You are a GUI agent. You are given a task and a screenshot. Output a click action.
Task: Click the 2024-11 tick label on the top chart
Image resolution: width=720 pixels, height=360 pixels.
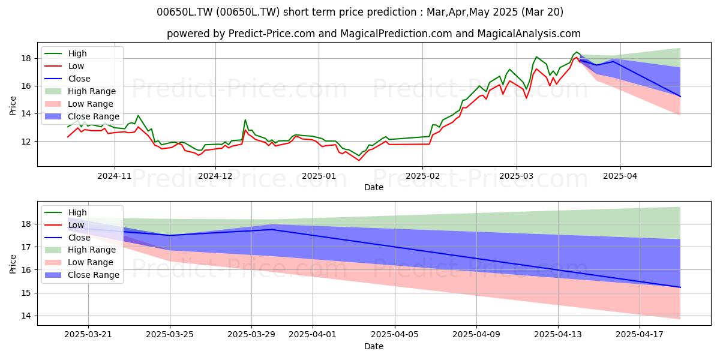(115, 176)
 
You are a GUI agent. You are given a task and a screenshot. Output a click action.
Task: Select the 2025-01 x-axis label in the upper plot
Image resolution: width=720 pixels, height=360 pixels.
(319, 176)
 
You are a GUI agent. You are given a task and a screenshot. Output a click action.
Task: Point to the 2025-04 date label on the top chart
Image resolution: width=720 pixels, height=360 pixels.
(620, 176)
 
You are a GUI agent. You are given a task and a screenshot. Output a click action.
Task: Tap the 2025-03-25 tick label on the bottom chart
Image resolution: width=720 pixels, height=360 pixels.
(170, 335)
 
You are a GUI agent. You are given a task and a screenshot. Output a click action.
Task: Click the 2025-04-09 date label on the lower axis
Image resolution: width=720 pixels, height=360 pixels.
(476, 335)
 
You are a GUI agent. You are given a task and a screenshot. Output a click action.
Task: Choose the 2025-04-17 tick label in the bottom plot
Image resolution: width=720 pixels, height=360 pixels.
(640, 335)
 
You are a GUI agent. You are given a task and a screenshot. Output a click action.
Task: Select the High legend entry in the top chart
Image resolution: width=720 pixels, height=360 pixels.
(77, 53)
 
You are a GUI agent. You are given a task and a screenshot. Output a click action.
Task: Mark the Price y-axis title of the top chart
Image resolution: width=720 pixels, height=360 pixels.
(13, 106)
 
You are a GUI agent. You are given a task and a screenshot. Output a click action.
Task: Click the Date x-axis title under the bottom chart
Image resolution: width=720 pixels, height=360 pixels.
(373, 346)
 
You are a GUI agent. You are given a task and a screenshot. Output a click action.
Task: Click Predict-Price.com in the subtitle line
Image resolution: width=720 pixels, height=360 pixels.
(272, 34)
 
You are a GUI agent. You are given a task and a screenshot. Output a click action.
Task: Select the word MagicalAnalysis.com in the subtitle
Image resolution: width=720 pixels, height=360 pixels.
(529, 34)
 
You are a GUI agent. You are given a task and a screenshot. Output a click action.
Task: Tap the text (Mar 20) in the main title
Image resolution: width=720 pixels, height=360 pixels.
(542, 12)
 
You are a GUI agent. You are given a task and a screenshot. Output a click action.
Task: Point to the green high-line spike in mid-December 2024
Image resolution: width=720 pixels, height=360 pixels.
(245, 120)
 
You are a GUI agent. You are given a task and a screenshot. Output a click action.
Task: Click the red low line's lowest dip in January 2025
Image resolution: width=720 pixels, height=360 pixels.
(359, 160)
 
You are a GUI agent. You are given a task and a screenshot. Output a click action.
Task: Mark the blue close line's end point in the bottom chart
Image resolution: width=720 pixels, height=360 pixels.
(680, 287)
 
